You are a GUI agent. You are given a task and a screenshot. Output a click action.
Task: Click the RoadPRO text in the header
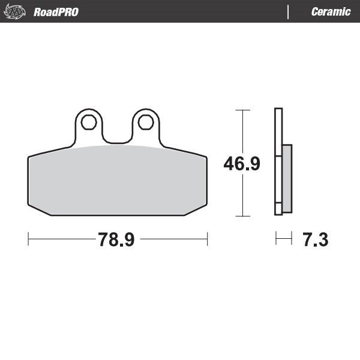(56, 12)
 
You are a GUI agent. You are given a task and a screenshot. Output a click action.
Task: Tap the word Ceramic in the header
(331, 12)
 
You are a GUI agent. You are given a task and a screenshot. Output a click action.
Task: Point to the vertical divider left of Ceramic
(289, 12)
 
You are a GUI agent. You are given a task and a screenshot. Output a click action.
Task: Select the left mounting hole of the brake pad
(89, 122)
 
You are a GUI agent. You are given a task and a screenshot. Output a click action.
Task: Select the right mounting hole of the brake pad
(146, 122)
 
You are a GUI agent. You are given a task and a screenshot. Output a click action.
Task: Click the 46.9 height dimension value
(242, 163)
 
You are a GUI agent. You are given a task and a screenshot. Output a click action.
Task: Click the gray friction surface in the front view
(118, 180)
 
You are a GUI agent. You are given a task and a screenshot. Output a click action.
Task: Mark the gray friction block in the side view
(287, 179)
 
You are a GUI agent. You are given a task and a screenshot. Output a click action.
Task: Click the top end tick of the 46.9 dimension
(242, 110)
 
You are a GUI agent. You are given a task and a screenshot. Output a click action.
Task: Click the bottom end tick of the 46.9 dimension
(242, 215)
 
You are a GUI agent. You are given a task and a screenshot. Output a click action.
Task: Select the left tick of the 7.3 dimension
(275, 239)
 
